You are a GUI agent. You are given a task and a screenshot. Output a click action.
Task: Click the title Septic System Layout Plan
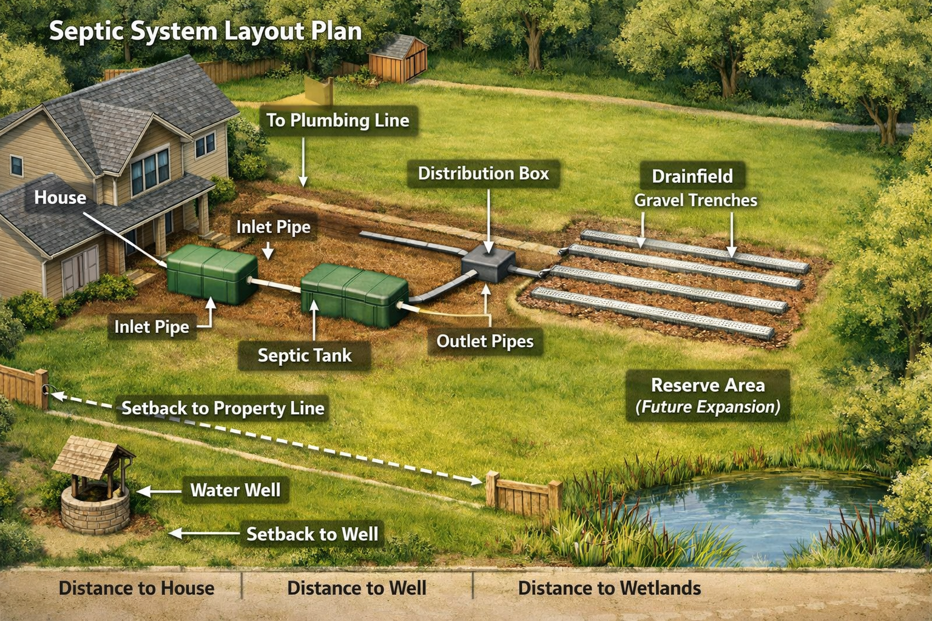[205, 31]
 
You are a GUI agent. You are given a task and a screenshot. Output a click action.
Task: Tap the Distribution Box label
[483, 173]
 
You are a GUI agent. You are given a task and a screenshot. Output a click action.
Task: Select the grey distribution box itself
[488, 265]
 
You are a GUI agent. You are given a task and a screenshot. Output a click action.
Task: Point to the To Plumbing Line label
[338, 120]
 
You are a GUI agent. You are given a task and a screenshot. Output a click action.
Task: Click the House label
[60, 198]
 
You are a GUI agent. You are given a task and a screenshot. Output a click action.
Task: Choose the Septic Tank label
[305, 355]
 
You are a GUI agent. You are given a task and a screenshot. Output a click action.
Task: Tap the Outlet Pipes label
[485, 341]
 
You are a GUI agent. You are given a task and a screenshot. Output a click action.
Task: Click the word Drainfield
[692, 176]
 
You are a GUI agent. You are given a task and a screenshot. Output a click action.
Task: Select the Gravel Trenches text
[695, 201]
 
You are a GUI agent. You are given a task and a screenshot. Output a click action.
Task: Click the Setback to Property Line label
[223, 408]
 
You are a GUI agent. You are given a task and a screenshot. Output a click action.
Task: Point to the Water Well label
[235, 490]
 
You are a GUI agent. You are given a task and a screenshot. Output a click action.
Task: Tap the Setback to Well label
[312, 534]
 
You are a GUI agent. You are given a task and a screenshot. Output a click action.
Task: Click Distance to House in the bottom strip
[137, 588]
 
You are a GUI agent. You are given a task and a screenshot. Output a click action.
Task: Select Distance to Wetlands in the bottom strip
[609, 588]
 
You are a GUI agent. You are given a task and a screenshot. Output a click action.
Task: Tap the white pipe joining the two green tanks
[279, 283]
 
